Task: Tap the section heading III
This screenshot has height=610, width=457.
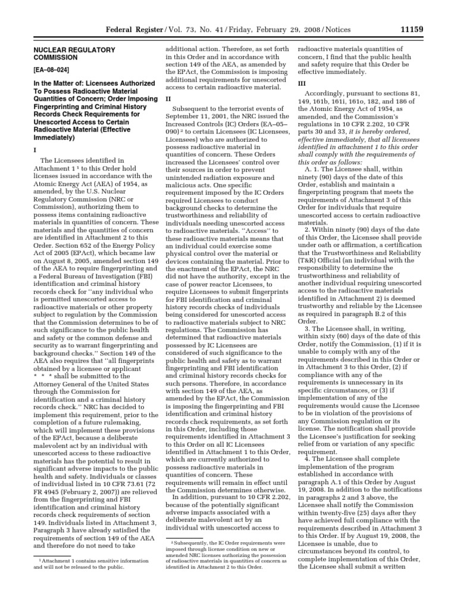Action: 301,84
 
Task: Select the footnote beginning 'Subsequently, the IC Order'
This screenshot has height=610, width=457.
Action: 226,552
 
